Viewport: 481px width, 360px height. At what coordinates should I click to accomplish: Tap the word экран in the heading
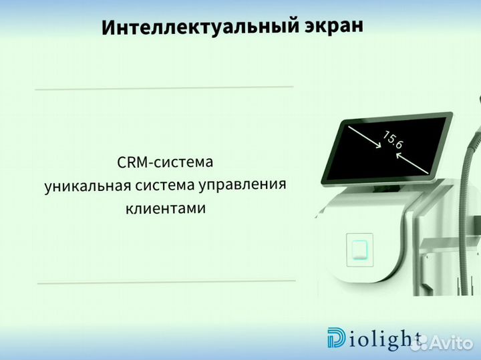pyautogui.click(x=333, y=25)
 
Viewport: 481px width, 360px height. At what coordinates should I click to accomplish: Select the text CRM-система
pyautogui.click(x=164, y=162)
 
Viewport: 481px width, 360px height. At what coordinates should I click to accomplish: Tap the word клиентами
pyautogui.click(x=165, y=208)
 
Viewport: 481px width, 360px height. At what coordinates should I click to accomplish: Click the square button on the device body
pyautogui.click(x=359, y=250)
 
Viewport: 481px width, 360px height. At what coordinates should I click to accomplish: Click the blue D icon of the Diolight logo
pyautogui.click(x=336, y=338)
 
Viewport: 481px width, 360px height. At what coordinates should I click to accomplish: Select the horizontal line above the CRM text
pyautogui.click(x=164, y=87)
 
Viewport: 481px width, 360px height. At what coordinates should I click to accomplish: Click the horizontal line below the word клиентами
pyautogui.click(x=166, y=283)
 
